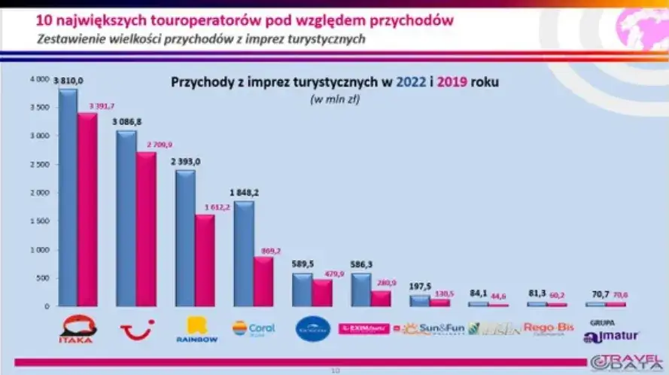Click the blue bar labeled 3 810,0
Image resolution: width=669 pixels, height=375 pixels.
(x=68, y=197)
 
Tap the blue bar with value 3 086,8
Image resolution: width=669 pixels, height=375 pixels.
(x=126, y=218)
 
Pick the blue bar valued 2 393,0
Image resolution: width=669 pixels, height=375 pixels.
(x=184, y=238)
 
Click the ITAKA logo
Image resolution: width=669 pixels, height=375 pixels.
(x=78, y=329)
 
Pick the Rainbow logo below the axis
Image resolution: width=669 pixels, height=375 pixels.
(x=197, y=329)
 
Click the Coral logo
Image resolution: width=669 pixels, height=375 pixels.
(x=254, y=328)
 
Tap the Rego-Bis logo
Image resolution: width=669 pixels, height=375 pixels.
(x=549, y=328)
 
